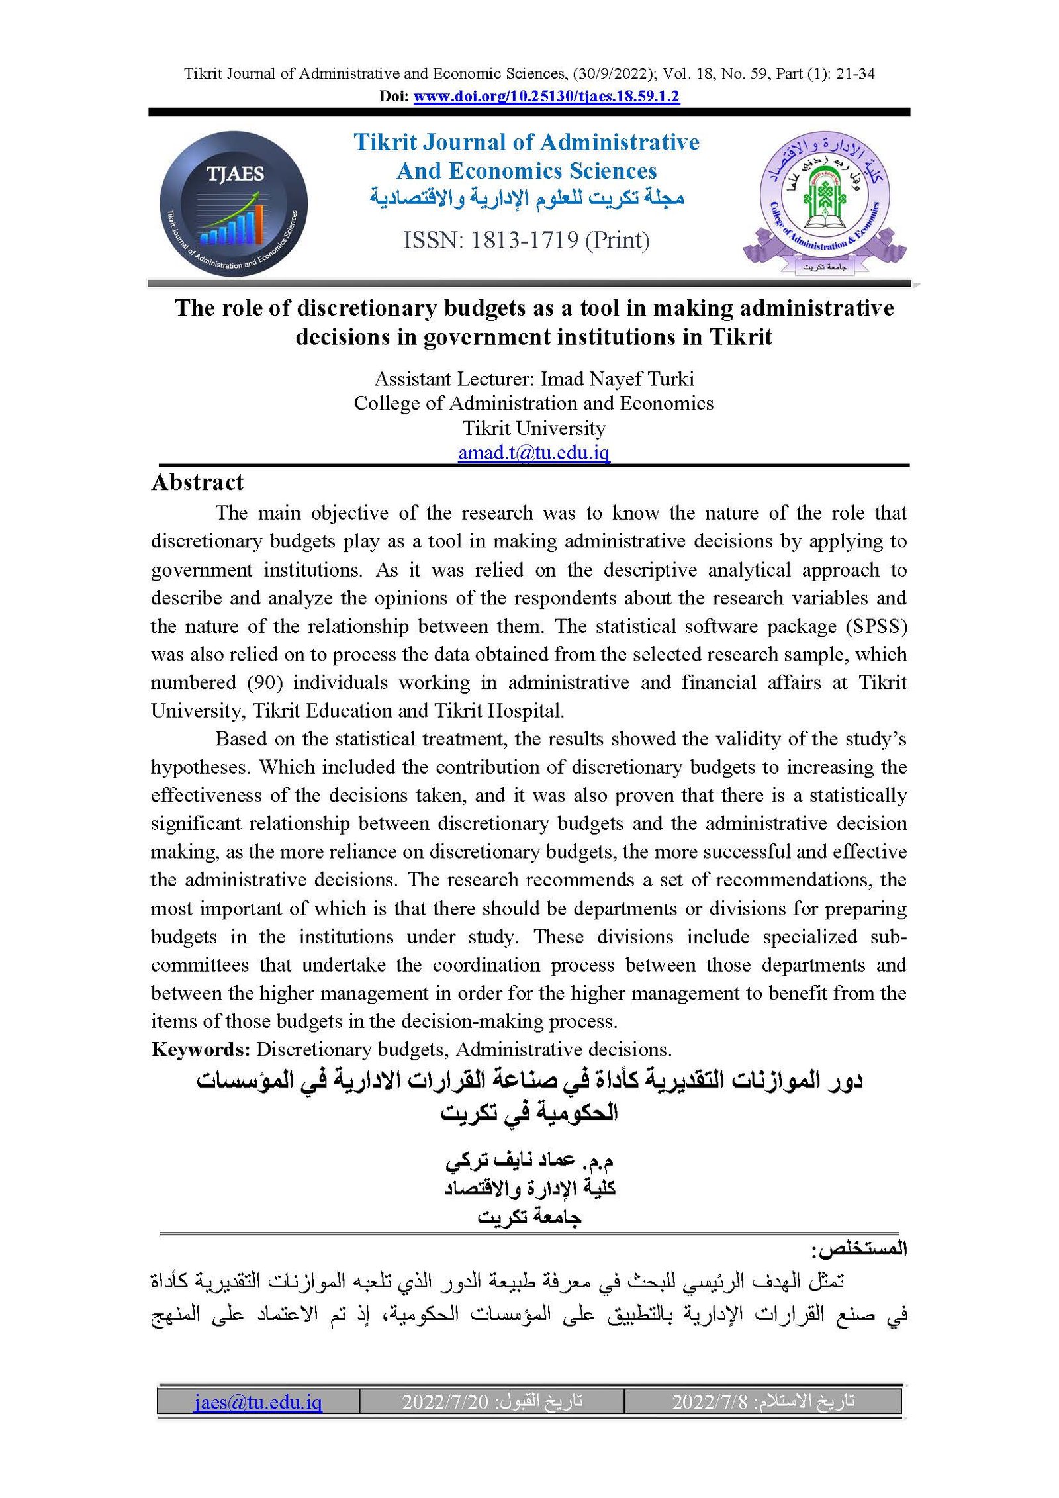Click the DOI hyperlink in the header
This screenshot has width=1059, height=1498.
[x=546, y=97]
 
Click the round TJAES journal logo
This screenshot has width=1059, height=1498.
[x=234, y=204]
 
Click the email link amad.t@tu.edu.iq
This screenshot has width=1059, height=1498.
[x=533, y=453]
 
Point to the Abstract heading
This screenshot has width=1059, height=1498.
[x=197, y=482]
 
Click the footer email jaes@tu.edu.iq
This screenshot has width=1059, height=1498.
[x=258, y=1401]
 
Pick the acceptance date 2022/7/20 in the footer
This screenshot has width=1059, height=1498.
[x=445, y=1401]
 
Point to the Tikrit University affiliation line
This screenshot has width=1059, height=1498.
[x=533, y=428]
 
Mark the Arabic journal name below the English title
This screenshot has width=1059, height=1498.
[x=526, y=197]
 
